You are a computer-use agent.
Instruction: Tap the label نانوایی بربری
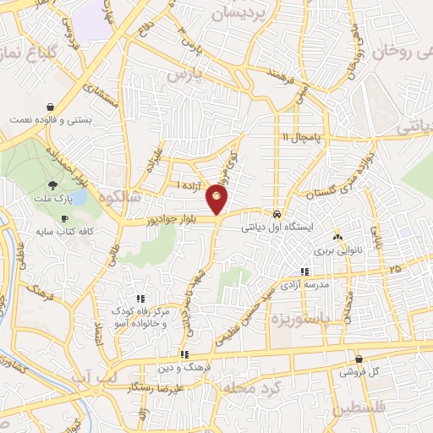click(337, 251)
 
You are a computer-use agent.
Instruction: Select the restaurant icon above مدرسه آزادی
click(304, 271)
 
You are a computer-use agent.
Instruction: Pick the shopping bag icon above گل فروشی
click(359, 358)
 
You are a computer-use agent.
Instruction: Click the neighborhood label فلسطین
click(362, 408)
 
